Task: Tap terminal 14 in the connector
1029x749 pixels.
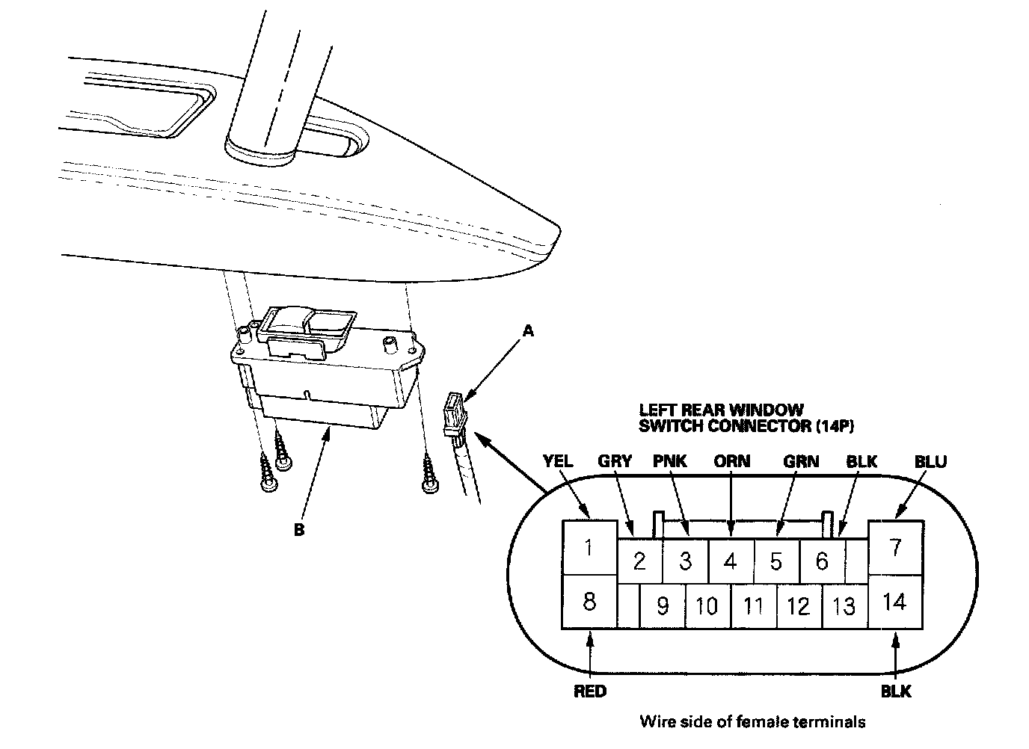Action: coord(894,601)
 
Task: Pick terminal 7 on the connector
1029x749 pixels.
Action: coord(894,546)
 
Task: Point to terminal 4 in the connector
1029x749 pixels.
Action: coord(731,560)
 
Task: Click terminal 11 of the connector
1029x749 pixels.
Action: coord(752,605)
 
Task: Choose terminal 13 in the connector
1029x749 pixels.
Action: coord(844,605)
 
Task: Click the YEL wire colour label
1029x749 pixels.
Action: coord(558,461)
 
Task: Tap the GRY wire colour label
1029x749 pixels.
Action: coord(615,461)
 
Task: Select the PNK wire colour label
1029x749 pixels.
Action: coord(669,461)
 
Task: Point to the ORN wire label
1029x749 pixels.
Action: coord(731,461)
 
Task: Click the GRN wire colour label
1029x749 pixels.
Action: coord(800,461)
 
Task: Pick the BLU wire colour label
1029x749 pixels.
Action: coord(930,461)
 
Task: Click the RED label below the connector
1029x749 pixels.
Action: coord(590,691)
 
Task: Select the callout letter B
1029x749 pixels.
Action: coord(298,530)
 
